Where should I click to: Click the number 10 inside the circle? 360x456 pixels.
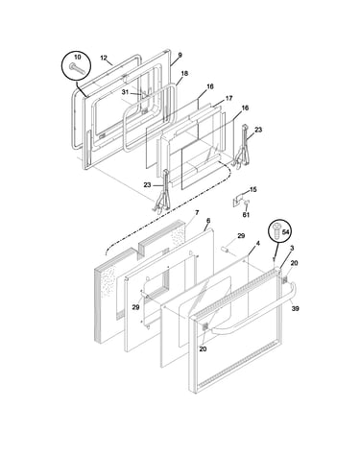(78, 57)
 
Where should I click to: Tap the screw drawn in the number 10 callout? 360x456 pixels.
(77, 68)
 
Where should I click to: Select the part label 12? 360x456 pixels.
(104, 58)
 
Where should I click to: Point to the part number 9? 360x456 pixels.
(180, 55)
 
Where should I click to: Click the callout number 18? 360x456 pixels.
(184, 73)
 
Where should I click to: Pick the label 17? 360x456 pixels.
(228, 98)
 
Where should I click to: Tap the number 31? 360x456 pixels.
(125, 92)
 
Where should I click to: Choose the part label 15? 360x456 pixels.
(253, 190)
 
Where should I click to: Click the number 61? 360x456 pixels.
(246, 215)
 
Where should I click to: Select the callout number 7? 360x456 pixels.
(197, 212)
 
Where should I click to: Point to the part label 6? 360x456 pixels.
(208, 221)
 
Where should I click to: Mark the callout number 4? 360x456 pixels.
(258, 244)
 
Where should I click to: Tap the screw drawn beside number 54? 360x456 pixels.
(276, 230)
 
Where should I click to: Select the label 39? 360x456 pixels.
(295, 308)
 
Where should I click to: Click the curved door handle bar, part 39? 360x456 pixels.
(252, 313)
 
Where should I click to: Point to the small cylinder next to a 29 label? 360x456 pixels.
(226, 249)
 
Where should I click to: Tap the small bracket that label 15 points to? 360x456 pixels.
(236, 202)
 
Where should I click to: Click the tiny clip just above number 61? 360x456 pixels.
(246, 203)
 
